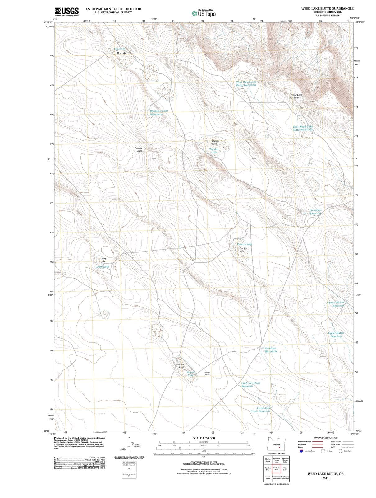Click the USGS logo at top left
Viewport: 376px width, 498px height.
[66, 11]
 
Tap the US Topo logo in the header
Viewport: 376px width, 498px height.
[204, 13]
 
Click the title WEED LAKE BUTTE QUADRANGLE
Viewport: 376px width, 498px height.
[327, 8]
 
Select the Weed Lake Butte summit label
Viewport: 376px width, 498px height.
[296, 96]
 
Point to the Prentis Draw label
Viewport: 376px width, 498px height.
[139, 149]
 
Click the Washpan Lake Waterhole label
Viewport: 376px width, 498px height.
[158, 113]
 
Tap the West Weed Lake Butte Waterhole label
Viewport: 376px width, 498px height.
[246, 83]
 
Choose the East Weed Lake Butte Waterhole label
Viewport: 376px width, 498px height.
[303, 128]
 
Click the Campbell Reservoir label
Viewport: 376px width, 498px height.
[315, 212]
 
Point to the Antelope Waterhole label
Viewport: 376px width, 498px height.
[271, 350]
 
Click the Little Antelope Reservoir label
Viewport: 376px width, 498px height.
[250, 384]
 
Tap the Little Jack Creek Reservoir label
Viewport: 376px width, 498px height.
[261, 410]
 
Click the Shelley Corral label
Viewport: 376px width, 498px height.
[207, 374]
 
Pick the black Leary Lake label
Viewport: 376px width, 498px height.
[103, 260]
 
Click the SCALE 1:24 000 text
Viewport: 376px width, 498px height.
[204, 438]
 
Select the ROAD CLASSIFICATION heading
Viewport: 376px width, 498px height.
[325, 438]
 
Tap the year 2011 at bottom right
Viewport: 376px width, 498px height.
[325, 478]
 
